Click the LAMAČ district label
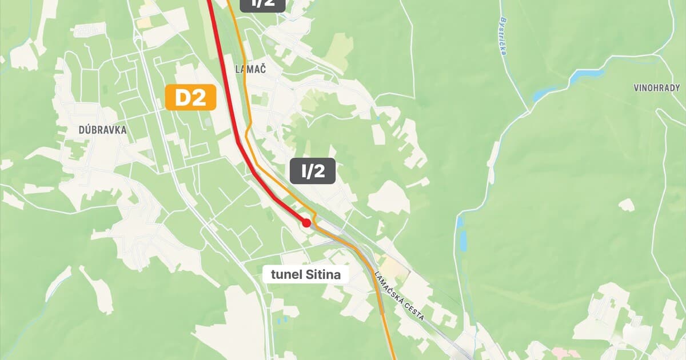[x=251, y=69]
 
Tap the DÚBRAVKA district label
[x=102, y=130]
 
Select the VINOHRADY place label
[x=657, y=88]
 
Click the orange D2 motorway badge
[x=190, y=98]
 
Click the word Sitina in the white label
[x=324, y=275]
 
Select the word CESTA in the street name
[x=414, y=309]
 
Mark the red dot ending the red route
[x=306, y=222]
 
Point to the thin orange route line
[x=246, y=86]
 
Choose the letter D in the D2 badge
[x=182, y=98]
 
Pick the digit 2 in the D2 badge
[x=198, y=98]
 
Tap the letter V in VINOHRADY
[x=636, y=88]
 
